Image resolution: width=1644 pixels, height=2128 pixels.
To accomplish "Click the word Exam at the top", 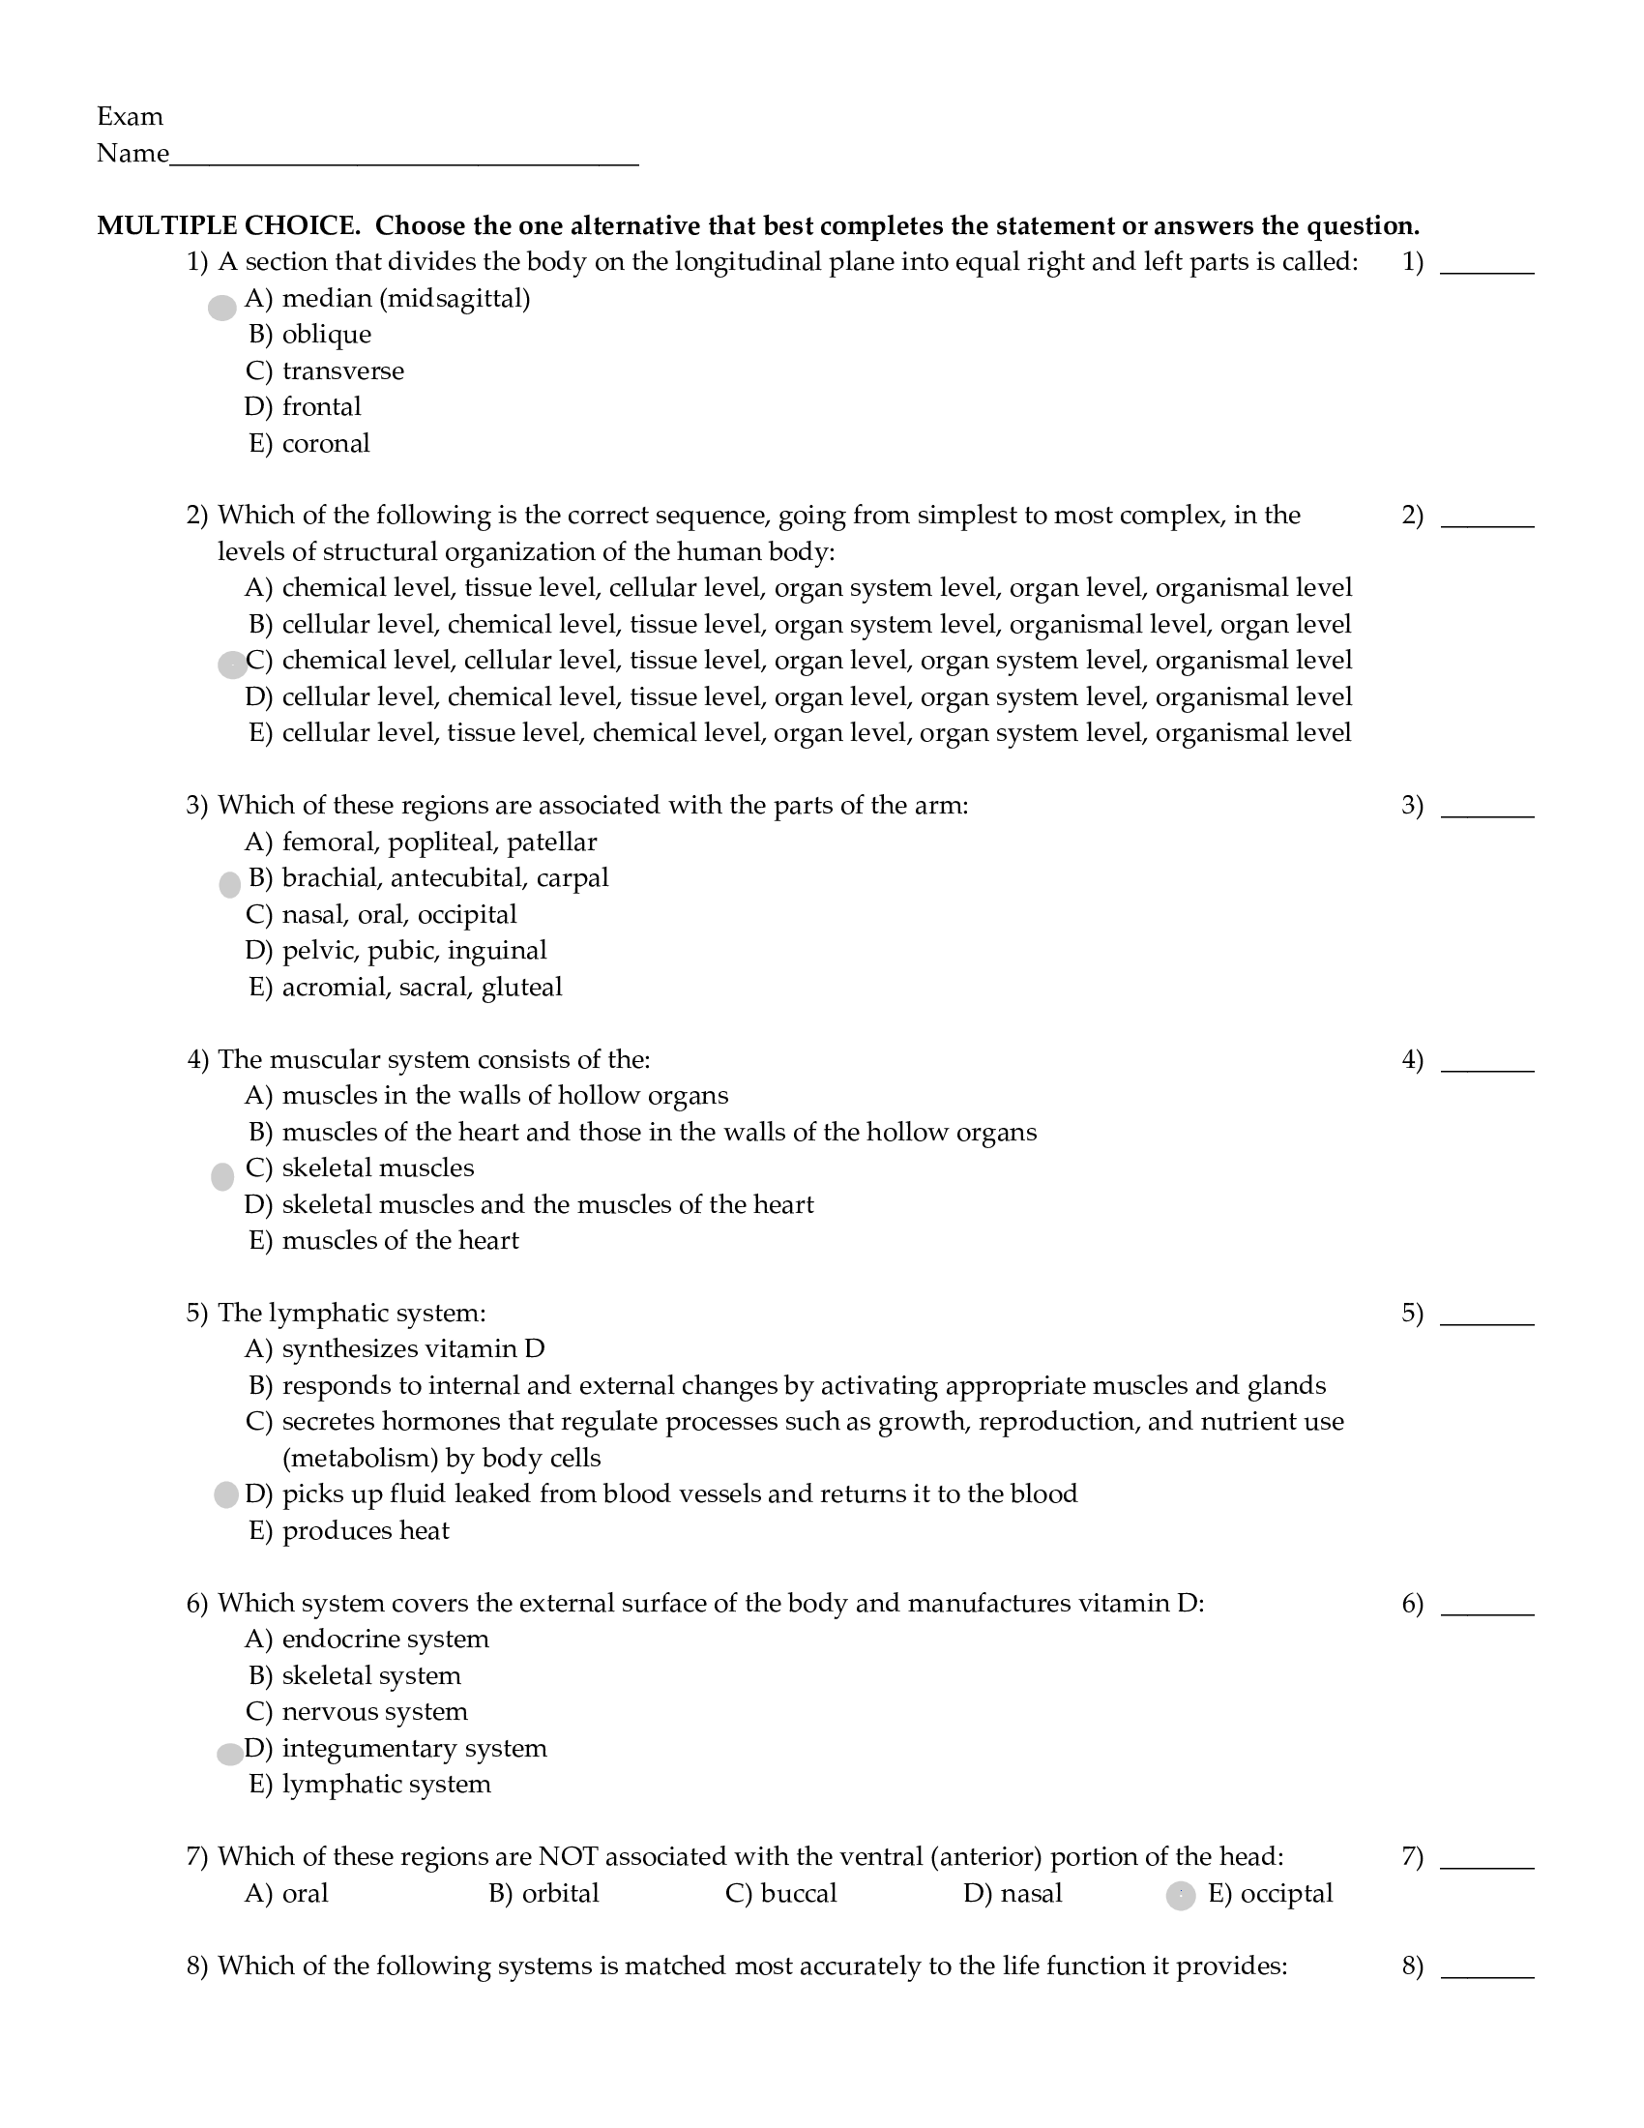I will coord(130,117).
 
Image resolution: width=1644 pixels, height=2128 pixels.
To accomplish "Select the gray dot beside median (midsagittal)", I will coord(222,308).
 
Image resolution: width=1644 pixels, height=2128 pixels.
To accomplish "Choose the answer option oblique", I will coord(326,335).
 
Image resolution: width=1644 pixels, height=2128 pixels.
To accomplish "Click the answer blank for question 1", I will coord(1486,265).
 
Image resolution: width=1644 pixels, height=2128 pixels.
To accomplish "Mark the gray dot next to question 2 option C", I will coord(232,665).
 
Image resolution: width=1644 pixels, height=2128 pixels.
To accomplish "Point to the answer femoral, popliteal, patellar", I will coord(438,842).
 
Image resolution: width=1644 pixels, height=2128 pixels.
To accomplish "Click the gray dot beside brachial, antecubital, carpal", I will coord(230,885).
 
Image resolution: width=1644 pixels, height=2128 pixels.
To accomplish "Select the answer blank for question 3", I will coord(1486,809).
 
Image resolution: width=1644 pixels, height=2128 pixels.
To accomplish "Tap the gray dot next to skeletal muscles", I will coord(222,1176).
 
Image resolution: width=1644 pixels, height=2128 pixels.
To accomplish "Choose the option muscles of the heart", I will coord(399,1240).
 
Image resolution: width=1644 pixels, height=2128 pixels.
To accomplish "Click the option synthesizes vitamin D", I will coord(413,1348).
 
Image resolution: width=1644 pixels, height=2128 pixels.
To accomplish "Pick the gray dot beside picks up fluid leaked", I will coord(226,1494).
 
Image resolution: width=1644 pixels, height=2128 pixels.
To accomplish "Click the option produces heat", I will coord(366,1531).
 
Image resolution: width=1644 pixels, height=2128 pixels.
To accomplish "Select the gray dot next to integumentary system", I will coord(230,1754).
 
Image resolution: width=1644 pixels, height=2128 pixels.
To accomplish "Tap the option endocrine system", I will coord(385,1639).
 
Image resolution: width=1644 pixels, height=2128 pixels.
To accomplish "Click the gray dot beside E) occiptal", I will coord(1181,1895).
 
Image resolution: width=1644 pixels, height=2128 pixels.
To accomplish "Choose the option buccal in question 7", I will coord(798,1893).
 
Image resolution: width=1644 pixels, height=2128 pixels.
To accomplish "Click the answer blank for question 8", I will coord(1486,1969).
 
